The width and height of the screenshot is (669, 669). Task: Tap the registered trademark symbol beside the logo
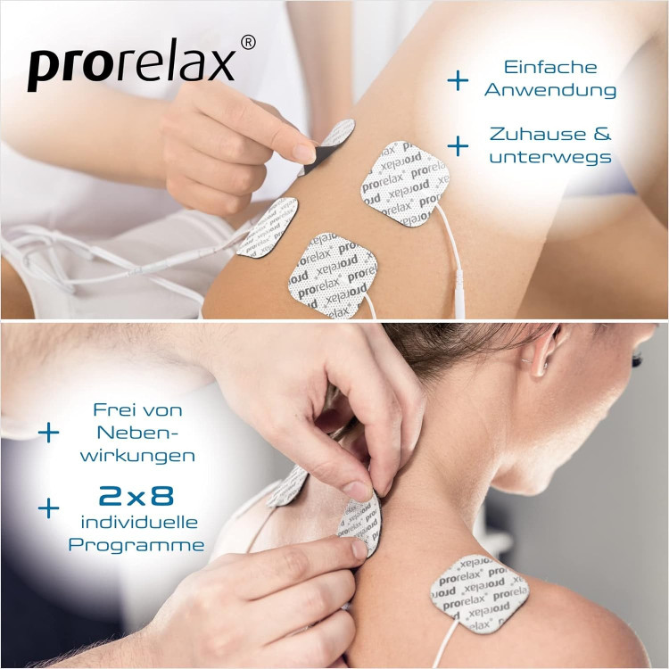tap(248, 43)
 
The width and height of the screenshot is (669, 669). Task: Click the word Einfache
tap(550, 68)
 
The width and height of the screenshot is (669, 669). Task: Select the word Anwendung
tap(550, 90)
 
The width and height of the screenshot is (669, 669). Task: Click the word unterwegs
tap(550, 157)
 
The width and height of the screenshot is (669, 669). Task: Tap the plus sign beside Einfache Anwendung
tap(458, 80)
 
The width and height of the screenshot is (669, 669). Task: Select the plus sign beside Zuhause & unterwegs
tap(458, 146)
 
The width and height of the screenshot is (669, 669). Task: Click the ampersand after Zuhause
tap(602, 134)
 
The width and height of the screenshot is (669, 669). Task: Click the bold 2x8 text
tap(136, 496)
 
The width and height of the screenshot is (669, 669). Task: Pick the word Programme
tap(136, 545)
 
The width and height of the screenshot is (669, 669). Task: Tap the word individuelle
tap(139, 522)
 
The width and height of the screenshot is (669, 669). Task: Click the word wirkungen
tap(137, 456)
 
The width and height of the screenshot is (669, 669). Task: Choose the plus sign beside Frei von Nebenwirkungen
tap(49, 433)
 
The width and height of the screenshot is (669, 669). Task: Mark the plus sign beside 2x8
tap(49, 508)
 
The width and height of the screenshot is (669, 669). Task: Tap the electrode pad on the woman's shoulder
tap(480, 593)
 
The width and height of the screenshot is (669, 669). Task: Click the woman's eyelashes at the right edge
tap(637, 359)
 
